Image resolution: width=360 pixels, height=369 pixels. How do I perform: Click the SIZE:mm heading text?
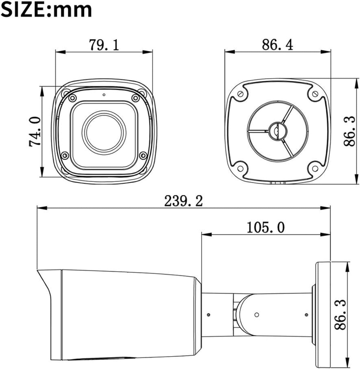pyautogui.click(x=46, y=10)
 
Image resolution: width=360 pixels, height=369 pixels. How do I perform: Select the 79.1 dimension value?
pyautogui.click(x=104, y=45)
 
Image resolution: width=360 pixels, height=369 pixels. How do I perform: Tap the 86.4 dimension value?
pyautogui.click(x=277, y=45)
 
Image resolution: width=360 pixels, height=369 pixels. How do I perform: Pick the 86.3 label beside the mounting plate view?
pyautogui.click(x=349, y=131)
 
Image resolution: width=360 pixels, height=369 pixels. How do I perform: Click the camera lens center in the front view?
pyautogui.click(x=104, y=132)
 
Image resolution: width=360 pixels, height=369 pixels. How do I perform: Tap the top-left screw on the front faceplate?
pyautogui.click(x=72, y=98)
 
